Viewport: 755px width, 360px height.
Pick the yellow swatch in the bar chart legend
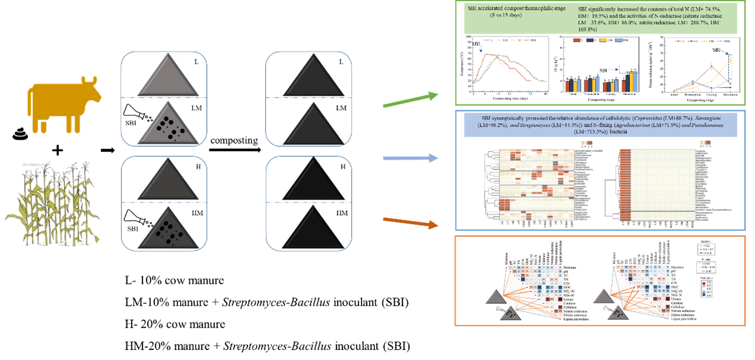tap(604, 39)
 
